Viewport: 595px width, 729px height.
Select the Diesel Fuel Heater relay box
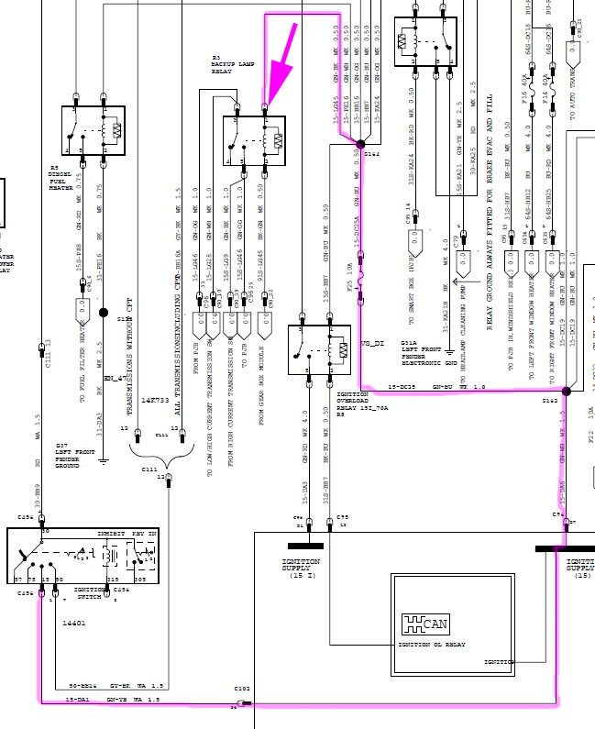pos(93,130)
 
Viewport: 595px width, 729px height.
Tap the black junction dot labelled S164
pos(361,144)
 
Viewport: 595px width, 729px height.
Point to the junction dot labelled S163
pos(566,392)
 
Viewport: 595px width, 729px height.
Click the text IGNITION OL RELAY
pos(431,645)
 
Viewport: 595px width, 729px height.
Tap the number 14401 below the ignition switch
pos(74,622)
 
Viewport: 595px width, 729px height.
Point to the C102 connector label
pos(242,688)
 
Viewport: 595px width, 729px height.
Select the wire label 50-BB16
pos(83,685)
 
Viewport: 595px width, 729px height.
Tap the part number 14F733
pos(155,401)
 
